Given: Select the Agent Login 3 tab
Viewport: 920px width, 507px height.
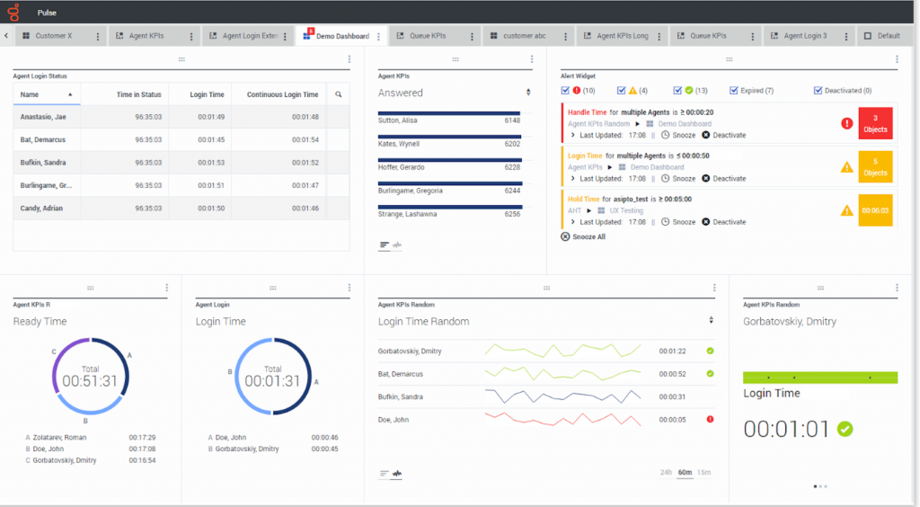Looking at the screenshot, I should (x=805, y=36).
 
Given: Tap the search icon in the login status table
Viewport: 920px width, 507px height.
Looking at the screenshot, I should (x=339, y=94).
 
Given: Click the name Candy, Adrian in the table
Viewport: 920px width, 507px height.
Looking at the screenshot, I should (x=41, y=209).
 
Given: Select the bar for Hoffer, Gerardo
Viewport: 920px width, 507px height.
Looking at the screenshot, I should (x=437, y=160).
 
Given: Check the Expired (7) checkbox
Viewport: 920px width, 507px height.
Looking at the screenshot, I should (x=734, y=91).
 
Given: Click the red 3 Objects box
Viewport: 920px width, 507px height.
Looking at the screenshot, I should (x=875, y=124).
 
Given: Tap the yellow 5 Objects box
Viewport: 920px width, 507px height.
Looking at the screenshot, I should (x=875, y=167).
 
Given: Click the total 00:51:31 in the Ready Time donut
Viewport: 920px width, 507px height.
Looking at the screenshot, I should (x=91, y=381).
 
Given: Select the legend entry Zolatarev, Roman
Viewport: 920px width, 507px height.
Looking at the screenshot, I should (x=63, y=437).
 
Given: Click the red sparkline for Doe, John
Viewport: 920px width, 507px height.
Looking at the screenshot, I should (x=562, y=419).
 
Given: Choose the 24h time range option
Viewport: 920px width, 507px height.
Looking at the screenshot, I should (x=666, y=472).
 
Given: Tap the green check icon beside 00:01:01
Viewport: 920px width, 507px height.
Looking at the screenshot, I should (x=845, y=430).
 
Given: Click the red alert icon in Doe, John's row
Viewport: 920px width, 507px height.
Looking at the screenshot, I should (x=710, y=419).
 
